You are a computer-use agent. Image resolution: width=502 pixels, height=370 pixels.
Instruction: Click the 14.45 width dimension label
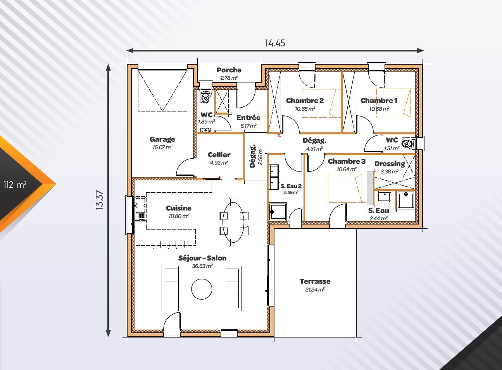point(275,43)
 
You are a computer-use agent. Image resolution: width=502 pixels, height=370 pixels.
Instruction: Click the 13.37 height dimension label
point(100,200)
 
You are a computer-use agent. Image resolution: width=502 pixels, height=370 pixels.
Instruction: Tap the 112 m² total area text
point(15,185)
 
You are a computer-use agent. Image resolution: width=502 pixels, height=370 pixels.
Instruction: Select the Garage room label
point(162,139)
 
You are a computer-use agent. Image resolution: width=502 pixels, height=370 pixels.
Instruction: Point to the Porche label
point(229,70)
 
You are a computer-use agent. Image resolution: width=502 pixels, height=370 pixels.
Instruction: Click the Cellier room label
point(219,155)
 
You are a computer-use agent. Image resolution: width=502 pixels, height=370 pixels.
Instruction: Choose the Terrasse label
point(315,281)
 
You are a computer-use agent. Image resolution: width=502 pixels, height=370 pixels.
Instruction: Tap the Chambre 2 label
point(305,101)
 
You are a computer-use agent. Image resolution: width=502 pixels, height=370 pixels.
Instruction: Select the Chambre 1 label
point(379,101)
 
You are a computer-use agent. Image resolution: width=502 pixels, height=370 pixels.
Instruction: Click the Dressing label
point(389,164)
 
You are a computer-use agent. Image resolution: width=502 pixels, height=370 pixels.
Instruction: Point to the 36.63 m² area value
point(202,266)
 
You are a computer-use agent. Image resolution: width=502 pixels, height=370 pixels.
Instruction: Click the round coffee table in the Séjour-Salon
point(202,289)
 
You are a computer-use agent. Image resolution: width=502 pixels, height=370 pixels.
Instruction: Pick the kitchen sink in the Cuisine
point(140,209)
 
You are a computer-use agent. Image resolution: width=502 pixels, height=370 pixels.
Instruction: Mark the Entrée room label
point(248,118)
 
